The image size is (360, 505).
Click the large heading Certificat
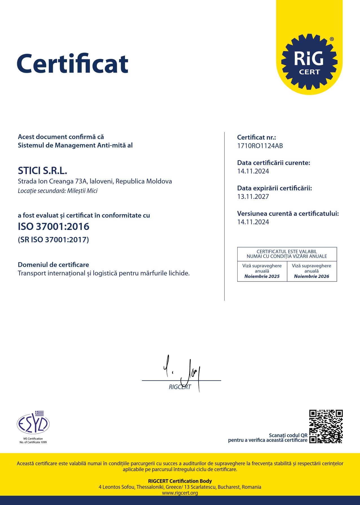[73, 64]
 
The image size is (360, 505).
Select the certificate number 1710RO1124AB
[260, 146]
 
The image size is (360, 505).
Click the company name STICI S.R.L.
[43, 171]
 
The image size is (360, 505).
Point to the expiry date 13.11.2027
[253, 197]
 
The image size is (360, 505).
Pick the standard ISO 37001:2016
[54, 227]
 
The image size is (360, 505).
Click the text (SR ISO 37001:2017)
[53, 240]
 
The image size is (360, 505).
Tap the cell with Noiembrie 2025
[262, 271]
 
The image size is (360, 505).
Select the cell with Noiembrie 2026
[312, 271]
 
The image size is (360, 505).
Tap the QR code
[326, 426]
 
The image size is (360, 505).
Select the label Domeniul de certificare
[53, 265]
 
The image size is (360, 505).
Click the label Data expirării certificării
[275, 188]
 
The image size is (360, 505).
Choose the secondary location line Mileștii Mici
[58, 191]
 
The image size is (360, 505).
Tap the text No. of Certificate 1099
[33, 442]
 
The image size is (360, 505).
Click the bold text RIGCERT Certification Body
[180, 481]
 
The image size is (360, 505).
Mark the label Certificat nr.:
[256, 137]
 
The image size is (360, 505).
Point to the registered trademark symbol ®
[332, 39]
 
